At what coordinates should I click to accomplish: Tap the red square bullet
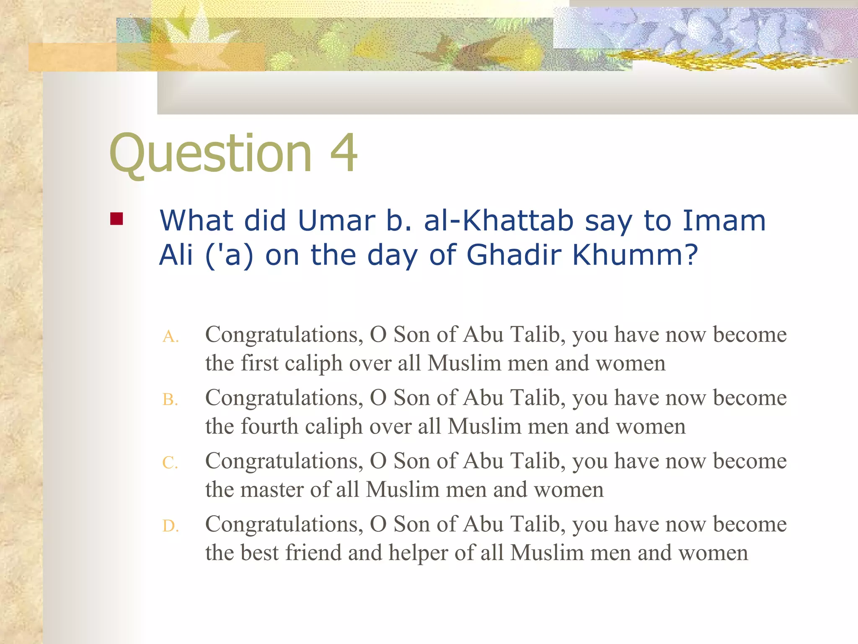(x=116, y=219)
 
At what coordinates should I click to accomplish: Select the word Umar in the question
(x=336, y=221)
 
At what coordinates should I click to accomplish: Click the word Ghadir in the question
(x=514, y=255)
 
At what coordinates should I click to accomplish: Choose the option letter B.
(x=170, y=400)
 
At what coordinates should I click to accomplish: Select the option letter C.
(x=170, y=463)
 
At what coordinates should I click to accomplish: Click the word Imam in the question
(x=724, y=221)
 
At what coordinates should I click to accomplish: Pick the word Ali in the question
(x=176, y=255)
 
